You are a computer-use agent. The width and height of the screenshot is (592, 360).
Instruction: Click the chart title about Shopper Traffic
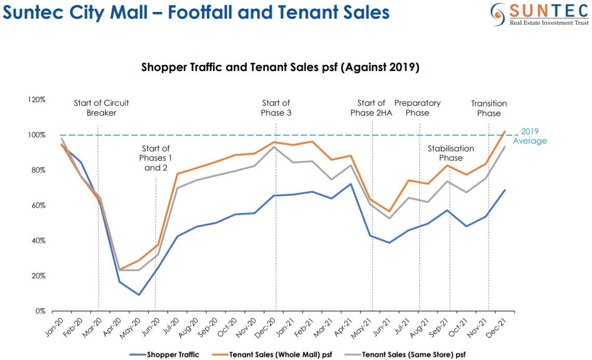click(x=280, y=68)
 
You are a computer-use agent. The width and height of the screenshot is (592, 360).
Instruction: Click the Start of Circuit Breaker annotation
click(x=101, y=108)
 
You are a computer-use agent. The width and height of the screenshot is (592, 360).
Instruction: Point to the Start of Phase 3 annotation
click(x=276, y=108)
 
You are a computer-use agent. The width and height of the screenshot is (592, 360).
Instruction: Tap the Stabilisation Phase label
click(x=450, y=153)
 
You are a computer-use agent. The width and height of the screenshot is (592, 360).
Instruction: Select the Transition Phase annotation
click(x=489, y=108)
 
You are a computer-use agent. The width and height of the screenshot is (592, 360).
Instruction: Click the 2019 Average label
click(x=530, y=136)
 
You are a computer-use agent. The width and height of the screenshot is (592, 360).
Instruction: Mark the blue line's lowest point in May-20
click(x=139, y=295)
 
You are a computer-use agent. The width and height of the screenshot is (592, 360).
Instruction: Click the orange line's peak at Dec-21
click(x=505, y=131)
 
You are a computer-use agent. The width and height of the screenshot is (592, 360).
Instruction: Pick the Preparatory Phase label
click(x=417, y=108)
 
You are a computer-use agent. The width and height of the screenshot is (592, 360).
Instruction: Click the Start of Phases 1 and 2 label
click(x=155, y=158)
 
